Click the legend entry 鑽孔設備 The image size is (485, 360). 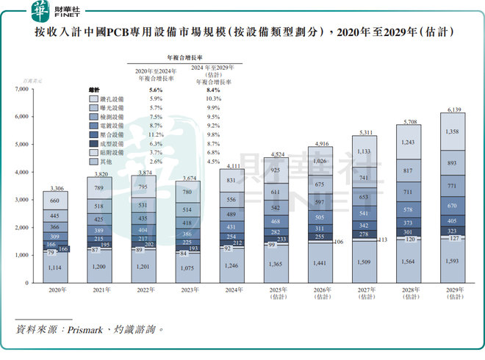[111, 98]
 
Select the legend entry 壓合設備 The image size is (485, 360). [111, 134]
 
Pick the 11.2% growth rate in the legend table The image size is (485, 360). [155, 134]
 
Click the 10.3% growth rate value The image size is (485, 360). [214, 98]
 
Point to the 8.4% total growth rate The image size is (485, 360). [214, 90]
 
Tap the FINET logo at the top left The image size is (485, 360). [59, 12]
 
